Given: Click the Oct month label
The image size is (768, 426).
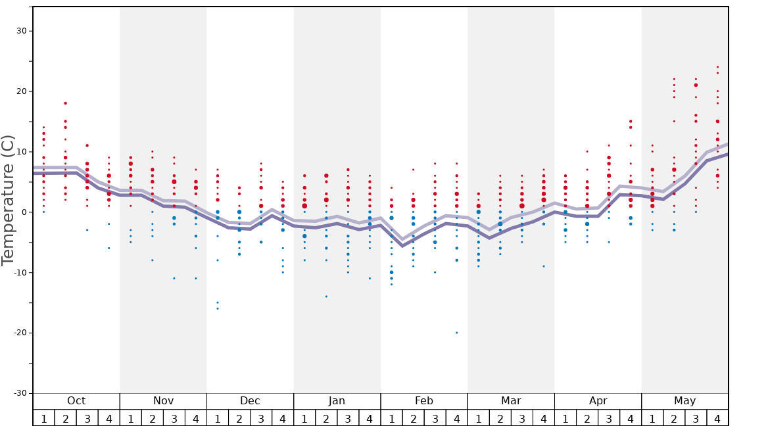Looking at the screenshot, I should [x=76, y=401].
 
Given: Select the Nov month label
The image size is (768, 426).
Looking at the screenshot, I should [x=163, y=401].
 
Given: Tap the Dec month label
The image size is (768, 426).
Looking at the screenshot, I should [x=250, y=401].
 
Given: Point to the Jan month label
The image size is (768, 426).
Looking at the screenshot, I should [x=337, y=401].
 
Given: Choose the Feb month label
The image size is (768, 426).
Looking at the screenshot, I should [x=424, y=401].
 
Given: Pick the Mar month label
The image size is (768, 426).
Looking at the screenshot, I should [x=511, y=401].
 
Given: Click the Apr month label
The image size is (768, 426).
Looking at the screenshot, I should [x=598, y=401].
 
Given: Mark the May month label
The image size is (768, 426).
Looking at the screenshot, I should [x=684, y=401].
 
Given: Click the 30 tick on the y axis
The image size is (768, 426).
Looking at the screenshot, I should [x=22, y=31].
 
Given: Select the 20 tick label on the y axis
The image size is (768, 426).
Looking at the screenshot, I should [x=22, y=91].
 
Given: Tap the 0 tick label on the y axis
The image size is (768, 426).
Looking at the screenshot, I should [x=24, y=212].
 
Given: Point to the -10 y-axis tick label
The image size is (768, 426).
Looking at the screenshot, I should [x=19, y=273].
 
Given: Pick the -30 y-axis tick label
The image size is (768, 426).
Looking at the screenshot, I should [x=19, y=393].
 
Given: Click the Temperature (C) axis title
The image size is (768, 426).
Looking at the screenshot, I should [x=8, y=200].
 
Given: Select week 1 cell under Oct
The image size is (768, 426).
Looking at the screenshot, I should [x=43, y=418].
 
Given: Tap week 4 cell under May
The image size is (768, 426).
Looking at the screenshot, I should [x=717, y=418].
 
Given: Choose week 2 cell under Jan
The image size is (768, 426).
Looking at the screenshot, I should [x=326, y=418].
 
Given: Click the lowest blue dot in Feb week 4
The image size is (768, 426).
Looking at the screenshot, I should [x=457, y=333].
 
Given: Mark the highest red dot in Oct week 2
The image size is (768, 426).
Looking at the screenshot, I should [x=65, y=103].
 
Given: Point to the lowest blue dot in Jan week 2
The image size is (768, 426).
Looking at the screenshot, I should [x=326, y=296].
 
